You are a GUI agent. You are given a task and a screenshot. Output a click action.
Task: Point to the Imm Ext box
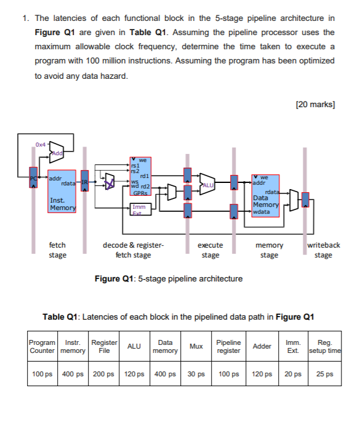click(x=140, y=211)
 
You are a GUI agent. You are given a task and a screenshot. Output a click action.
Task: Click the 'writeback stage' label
click(x=323, y=250)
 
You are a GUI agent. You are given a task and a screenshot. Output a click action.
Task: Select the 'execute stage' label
click(x=210, y=250)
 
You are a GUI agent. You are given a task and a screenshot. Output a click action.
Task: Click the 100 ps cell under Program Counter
click(x=42, y=374)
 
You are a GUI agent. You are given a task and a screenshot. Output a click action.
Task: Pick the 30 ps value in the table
click(x=196, y=374)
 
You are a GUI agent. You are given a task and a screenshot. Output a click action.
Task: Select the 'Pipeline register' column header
click(x=228, y=346)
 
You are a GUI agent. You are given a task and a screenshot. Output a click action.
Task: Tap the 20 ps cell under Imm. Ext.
click(x=293, y=374)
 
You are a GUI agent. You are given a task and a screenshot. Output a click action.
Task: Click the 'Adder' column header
click(x=262, y=346)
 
